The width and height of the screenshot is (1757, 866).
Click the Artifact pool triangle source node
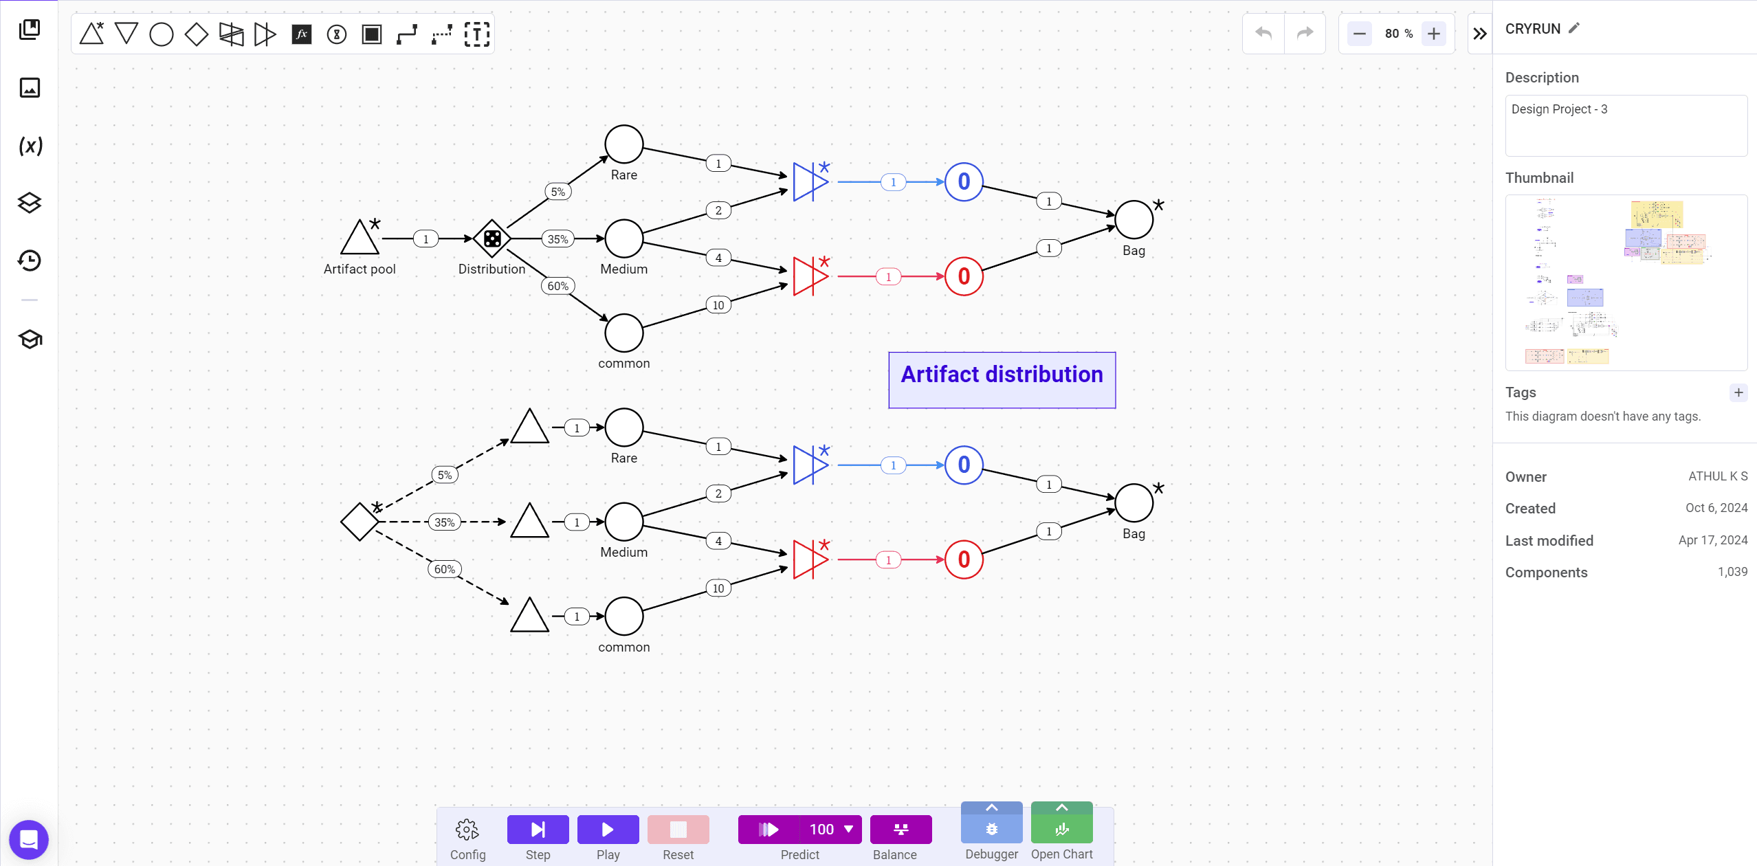[x=360, y=238]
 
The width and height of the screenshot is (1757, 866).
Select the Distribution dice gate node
[x=492, y=238]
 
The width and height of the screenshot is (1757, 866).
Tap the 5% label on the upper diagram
[x=558, y=192]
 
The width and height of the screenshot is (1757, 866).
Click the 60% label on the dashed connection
[x=445, y=569]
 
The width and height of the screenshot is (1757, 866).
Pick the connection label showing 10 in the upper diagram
[x=718, y=305]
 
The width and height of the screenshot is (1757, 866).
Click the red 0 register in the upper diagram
[x=964, y=276]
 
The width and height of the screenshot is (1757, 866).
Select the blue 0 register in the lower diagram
[x=964, y=465]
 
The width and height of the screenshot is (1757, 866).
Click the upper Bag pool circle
[x=1134, y=220]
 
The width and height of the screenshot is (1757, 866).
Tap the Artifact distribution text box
[x=1002, y=380]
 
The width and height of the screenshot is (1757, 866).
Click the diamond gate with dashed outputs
[x=360, y=522]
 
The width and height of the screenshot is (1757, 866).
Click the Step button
[x=538, y=830]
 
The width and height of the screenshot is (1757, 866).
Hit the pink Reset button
[x=678, y=830]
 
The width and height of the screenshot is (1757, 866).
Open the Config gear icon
[x=467, y=830]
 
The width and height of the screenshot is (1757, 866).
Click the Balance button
[x=901, y=830]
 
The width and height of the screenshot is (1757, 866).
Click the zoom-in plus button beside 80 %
[x=1434, y=34]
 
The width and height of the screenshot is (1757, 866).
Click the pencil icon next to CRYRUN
[x=1574, y=28]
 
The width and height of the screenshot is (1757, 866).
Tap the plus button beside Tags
[x=1738, y=392]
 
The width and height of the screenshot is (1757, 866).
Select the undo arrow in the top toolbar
[x=1263, y=34]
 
